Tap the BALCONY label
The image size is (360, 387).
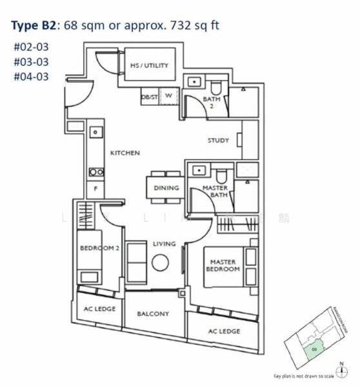click(x=154, y=314)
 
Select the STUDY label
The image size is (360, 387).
click(x=218, y=140)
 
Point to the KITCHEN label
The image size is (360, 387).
click(x=125, y=153)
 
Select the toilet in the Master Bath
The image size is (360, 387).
click(x=221, y=174)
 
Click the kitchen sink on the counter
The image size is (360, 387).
click(x=95, y=132)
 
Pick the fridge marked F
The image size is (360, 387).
click(x=95, y=190)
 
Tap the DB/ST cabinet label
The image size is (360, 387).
click(x=148, y=97)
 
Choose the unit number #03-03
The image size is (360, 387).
click(x=31, y=61)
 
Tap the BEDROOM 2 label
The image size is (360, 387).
click(x=99, y=248)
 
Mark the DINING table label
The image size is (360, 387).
click(x=166, y=188)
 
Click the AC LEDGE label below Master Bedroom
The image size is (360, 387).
click(x=225, y=331)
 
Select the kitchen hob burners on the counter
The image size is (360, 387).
click(x=95, y=172)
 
